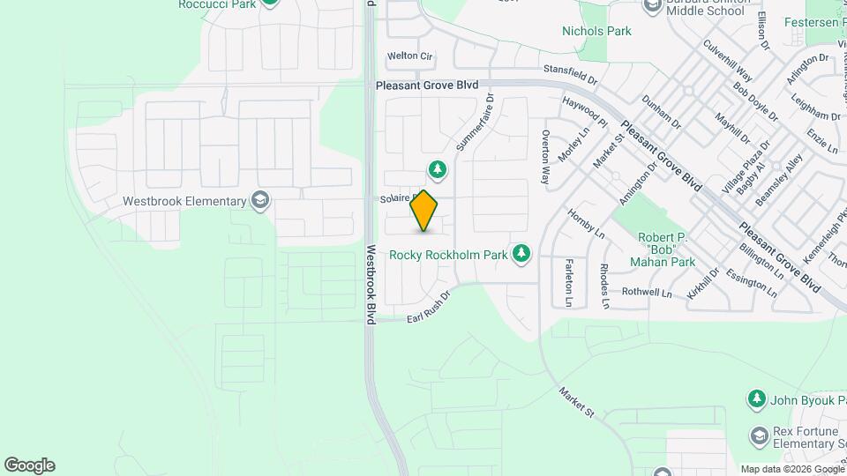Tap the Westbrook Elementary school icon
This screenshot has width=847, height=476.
tap(260, 200)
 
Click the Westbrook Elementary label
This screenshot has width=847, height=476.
tap(184, 201)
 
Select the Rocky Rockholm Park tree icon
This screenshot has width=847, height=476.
tap(521, 254)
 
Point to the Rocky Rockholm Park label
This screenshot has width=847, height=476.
tap(448, 255)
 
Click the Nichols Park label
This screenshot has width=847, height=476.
tap(597, 31)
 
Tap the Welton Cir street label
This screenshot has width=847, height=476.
tap(410, 56)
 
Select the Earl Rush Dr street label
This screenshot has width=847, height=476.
tap(428, 308)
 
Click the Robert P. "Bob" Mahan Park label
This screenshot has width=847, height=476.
tap(666, 249)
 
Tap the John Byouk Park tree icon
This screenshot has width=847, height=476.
tap(756, 399)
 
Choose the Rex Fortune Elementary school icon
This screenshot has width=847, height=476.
tap(759, 435)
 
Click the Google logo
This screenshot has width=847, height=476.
tap(29, 465)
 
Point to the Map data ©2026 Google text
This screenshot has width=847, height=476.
tap(791, 469)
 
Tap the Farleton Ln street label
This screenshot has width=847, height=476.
tap(569, 282)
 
